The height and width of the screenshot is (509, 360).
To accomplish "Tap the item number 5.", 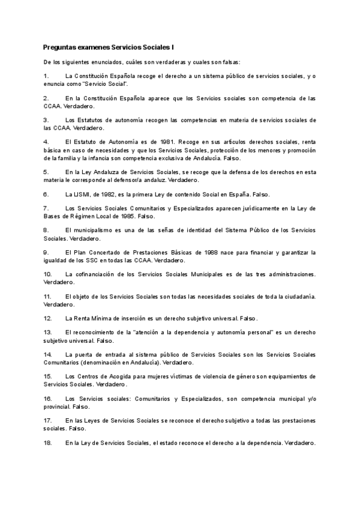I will pos(46,172).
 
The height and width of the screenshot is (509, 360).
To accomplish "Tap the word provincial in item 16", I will pos(58,406).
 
